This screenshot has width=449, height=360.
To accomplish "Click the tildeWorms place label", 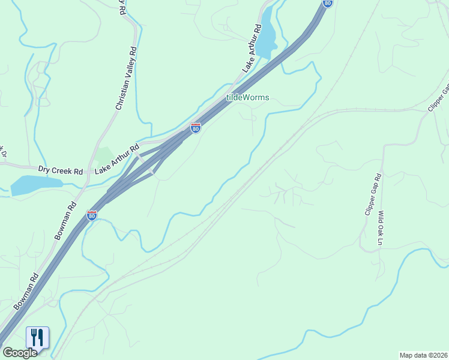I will pyautogui.click(x=247, y=97).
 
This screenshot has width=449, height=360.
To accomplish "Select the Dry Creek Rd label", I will pyautogui.click(x=60, y=171).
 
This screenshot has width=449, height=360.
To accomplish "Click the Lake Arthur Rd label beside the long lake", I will pyautogui.click(x=252, y=47).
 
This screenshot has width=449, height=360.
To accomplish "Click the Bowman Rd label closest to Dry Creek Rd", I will pyautogui.click(x=65, y=220).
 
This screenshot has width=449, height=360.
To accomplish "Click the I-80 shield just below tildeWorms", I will pyautogui.click(x=195, y=128).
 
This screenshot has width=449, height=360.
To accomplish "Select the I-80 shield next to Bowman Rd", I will pyautogui.click(x=92, y=215).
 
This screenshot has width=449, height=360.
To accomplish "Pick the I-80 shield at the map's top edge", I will pyautogui.click(x=327, y=3).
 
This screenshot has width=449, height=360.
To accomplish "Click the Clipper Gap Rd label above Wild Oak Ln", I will pyautogui.click(x=373, y=195).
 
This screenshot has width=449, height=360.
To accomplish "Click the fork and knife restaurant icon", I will pyautogui.click(x=37, y=338).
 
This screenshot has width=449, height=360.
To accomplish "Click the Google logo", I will pyautogui.click(x=19, y=353).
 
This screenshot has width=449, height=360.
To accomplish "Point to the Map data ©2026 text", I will pyautogui.click(x=423, y=355).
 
